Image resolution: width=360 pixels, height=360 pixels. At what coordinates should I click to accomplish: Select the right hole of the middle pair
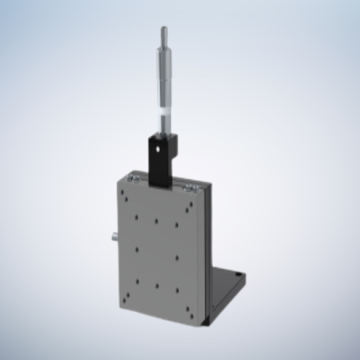(177, 258)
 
